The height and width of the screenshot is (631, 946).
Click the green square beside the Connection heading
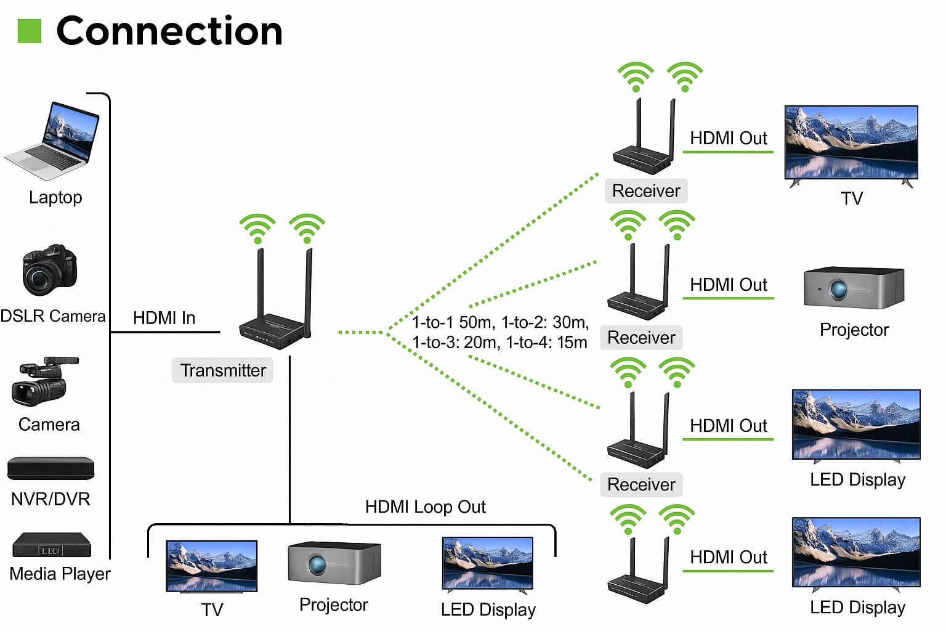pyautogui.click(x=29, y=31)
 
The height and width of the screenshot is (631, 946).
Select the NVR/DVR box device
pyautogui.click(x=51, y=468)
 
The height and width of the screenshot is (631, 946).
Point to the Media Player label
pyautogui.click(x=60, y=574)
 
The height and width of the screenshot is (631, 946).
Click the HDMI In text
pyautogui.click(x=164, y=318)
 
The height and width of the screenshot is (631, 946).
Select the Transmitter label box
pyautogui.click(x=222, y=370)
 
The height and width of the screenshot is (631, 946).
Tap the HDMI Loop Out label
pyautogui.click(x=426, y=507)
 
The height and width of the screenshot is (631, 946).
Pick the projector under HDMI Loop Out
pyautogui.click(x=334, y=563)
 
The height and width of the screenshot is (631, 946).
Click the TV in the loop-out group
pyautogui.click(x=212, y=566)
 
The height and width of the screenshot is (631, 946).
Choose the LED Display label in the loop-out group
pyautogui.click(x=488, y=609)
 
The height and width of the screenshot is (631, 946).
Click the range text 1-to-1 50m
pyautogui.click(x=453, y=322)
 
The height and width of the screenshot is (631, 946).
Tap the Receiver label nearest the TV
pyautogui.click(x=646, y=191)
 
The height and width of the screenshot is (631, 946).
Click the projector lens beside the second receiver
pyautogui.click(x=839, y=290)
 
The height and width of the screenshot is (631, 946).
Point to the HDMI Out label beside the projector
pyautogui.click(x=729, y=285)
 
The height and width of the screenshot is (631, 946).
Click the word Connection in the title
pyautogui.click(x=169, y=31)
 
